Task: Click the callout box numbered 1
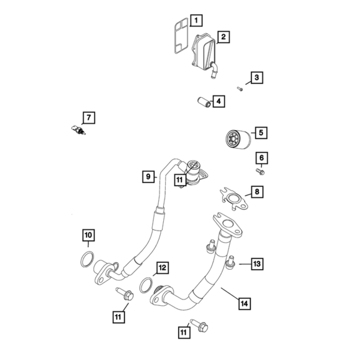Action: coord(196,21)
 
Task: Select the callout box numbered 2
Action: coord(223,37)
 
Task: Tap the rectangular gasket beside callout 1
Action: coord(181,36)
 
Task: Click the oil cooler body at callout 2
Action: coord(204,53)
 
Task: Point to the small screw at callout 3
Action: coord(240,88)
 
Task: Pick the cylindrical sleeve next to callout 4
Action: coord(204,102)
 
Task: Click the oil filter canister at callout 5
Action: coord(238,139)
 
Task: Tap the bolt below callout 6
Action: coord(260,171)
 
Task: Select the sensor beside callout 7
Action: coord(78,130)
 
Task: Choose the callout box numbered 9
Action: coord(148,176)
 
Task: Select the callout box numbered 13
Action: coord(257,264)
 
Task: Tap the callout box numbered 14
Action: coord(244,303)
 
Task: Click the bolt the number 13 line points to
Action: coord(230,262)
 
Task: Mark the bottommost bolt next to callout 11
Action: coord(199,325)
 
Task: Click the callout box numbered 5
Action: coord(261,133)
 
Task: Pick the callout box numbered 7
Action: coord(88,118)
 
